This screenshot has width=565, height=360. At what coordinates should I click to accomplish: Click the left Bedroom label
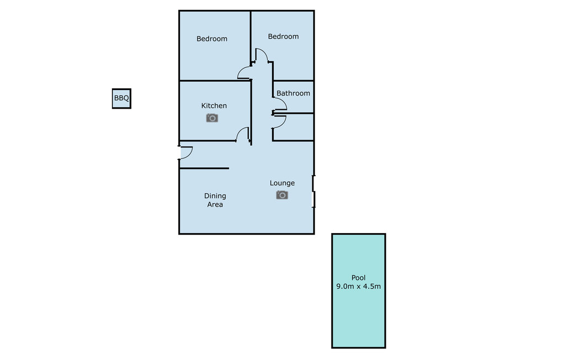coord(212,39)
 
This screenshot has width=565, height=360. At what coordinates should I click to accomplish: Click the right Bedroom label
coord(283,36)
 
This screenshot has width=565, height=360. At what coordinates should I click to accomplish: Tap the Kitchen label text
coord(214,105)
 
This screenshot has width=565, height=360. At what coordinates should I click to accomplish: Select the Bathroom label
coord(294,93)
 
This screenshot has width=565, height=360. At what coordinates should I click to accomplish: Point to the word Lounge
coord(282,183)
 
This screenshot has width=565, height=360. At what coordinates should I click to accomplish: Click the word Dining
coord(215,196)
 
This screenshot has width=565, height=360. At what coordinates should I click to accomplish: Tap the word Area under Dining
coord(215,204)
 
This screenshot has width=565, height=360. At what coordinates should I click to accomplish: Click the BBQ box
coord(121,98)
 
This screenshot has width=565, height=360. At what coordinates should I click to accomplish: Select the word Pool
coord(359,277)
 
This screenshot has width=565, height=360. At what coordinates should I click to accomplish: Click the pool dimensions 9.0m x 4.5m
coord(359,287)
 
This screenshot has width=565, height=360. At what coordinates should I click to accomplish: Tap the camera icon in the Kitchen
coord(212,118)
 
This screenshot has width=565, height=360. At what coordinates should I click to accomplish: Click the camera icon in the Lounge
coord(282,195)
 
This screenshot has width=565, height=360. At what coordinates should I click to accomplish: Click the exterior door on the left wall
coord(186,152)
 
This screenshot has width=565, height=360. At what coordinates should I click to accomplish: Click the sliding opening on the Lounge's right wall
coord(313,192)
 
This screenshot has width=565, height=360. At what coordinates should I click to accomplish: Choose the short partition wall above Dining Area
coord(204,168)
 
